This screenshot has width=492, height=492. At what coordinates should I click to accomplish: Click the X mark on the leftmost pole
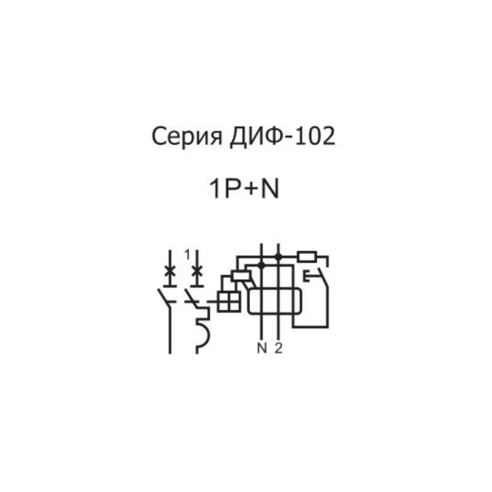tap(170, 271)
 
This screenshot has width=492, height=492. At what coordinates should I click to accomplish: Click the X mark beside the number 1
tap(197, 271)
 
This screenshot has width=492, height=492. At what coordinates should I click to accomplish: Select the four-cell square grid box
tap(230, 301)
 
